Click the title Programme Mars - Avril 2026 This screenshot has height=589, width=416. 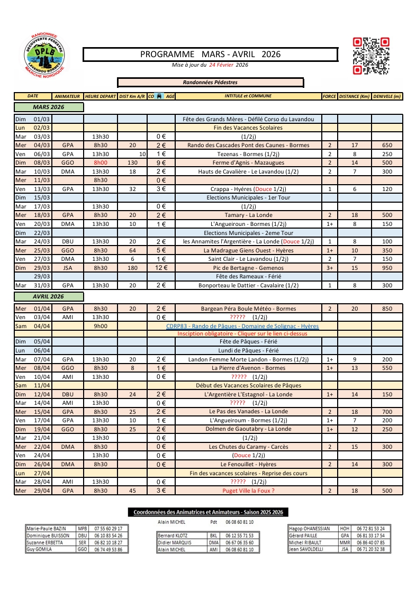tap(210, 55)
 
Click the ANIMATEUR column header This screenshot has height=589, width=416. tap(67, 96)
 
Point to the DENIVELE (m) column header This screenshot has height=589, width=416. tap(387, 96)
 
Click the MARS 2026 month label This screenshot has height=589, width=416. tap(49, 107)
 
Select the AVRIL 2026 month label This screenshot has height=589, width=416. tap(49, 296)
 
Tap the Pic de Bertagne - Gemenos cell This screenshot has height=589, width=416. tap(248, 268)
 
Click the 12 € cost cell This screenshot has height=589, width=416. tap(161, 268)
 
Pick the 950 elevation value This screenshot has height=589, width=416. tap(387, 268)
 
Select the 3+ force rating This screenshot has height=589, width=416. tap(329, 268)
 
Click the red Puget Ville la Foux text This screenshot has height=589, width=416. tap(248, 491)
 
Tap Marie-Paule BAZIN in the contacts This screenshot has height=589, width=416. tap(46, 528)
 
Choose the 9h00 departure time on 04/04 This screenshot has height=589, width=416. tap(101, 326)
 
